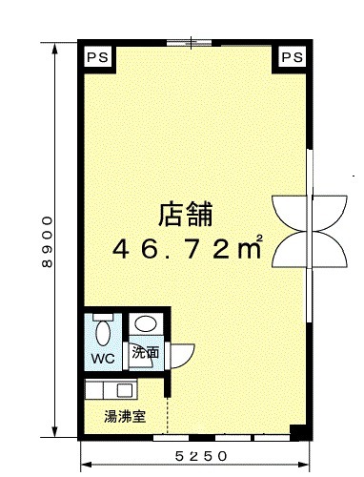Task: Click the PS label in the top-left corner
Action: click(98, 57)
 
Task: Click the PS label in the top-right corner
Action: click(293, 57)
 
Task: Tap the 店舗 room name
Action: click(186, 215)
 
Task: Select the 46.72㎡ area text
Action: click(188, 248)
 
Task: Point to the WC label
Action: click(103, 359)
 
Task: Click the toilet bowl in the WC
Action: click(103, 333)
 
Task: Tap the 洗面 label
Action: click(146, 352)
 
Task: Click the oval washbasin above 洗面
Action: click(146, 323)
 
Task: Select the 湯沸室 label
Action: click(125, 416)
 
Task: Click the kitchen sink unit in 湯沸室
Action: click(111, 389)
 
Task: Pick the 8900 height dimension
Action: click(47, 241)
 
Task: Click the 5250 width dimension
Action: click(201, 457)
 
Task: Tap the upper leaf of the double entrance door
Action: click(310, 213)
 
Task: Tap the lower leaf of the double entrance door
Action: click(310, 249)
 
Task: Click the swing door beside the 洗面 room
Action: click(182, 356)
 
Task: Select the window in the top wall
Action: click(190, 43)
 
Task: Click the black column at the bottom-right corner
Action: click(298, 432)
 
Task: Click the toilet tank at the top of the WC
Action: click(103, 317)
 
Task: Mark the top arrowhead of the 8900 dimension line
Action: click(55, 48)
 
